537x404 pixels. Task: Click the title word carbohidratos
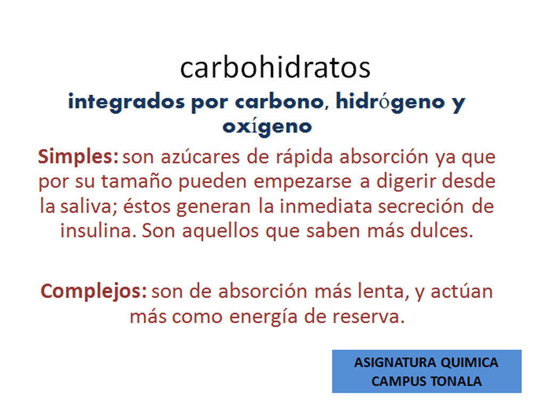click(x=275, y=67)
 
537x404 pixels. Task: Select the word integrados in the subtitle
click(x=126, y=102)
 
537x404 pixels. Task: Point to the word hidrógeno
click(x=391, y=102)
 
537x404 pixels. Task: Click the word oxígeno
click(x=267, y=127)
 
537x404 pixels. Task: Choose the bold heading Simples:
click(x=78, y=157)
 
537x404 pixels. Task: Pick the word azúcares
click(x=200, y=157)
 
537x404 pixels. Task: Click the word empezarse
click(x=302, y=182)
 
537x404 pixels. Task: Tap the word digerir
click(x=406, y=182)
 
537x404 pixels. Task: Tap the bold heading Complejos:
click(x=94, y=292)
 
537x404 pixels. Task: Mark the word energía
click(x=263, y=317)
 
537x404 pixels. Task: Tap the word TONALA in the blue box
click(x=456, y=382)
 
